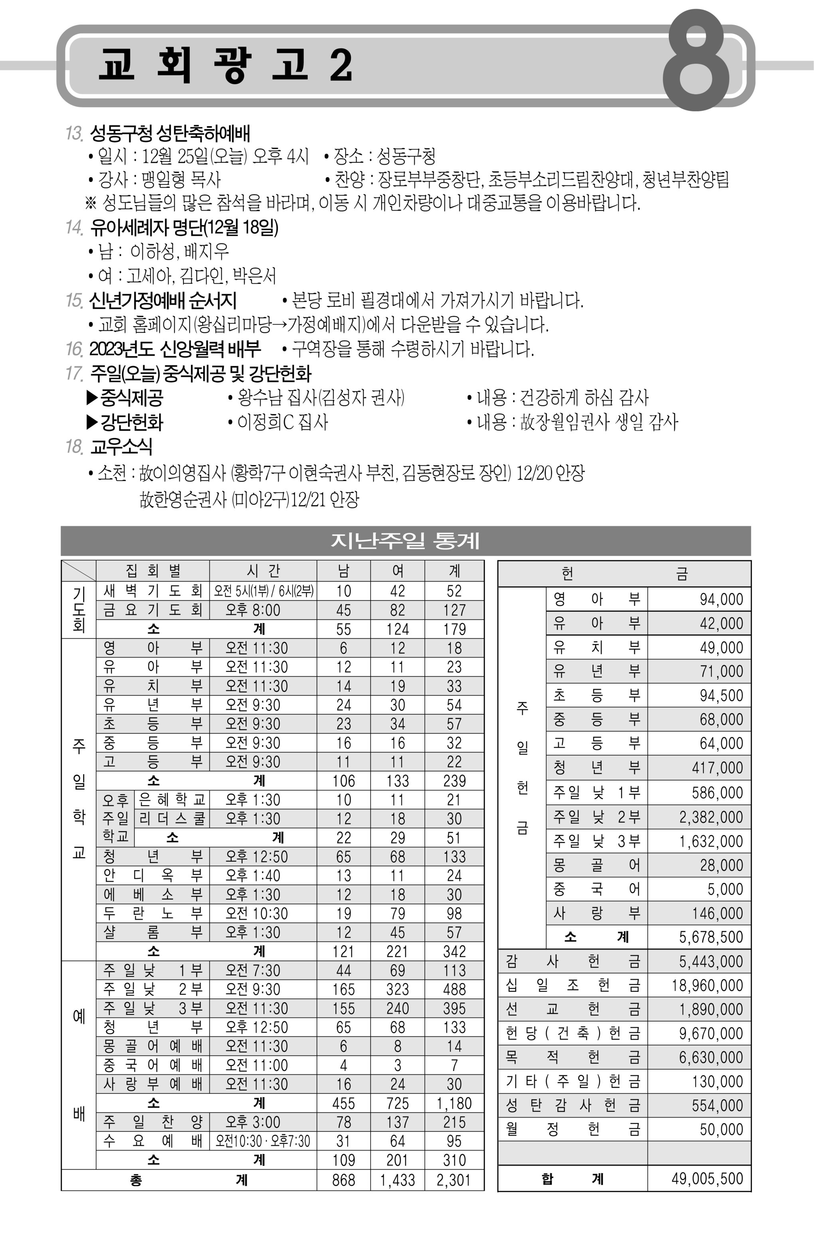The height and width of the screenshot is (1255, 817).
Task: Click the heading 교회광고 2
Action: coord(225,65)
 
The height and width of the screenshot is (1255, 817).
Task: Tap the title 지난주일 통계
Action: coord(405,541)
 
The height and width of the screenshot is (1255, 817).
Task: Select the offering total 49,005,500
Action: coord(707,1178)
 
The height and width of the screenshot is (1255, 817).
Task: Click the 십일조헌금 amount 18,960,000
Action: coord(707,985)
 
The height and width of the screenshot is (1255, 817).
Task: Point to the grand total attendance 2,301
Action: coord(454,1180)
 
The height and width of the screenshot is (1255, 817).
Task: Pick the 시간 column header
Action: coord(262,570)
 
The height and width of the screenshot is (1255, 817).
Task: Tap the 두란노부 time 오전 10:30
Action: coord(257,913)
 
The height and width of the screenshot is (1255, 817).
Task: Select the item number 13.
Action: coord(74,133)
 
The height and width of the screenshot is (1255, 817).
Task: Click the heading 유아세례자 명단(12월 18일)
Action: coord(184,227)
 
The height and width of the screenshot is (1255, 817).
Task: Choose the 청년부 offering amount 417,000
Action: coord(717,768)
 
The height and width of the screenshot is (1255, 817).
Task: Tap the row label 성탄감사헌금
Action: coord(572,1105)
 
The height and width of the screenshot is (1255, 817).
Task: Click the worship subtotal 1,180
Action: coord(454,1103)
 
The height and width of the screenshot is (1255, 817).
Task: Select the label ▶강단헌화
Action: coord(125,422)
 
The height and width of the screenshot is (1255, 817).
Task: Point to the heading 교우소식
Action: coord(121,447)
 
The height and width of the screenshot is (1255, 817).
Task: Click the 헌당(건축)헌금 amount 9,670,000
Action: coord(710,1033)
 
